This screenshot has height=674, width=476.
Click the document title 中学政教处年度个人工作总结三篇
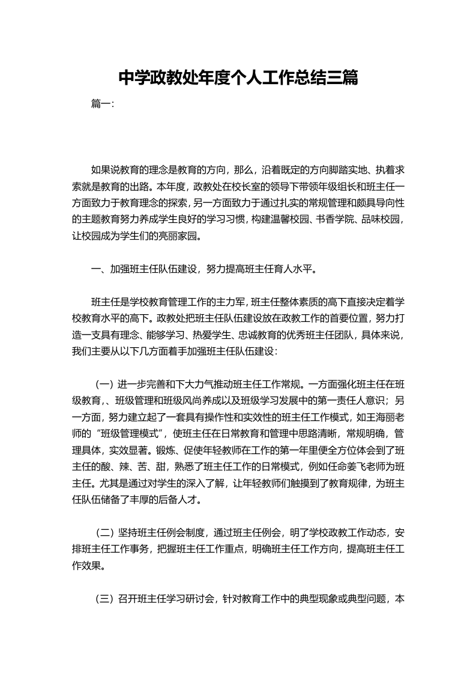(x=238, y=77)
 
